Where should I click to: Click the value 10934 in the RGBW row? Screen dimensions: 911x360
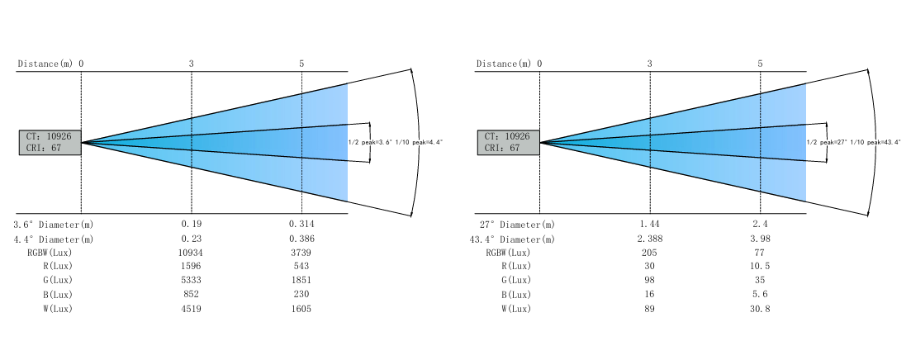(x=191, y=253)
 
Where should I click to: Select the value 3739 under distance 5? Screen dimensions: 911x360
(x=301, y=253)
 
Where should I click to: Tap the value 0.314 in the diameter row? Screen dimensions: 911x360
(x=301, y=224)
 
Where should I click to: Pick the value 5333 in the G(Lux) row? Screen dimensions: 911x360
(x=191, y=281)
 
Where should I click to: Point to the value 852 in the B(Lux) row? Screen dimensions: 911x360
(x=191, y=295)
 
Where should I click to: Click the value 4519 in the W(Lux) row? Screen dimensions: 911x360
(x=191, y=309)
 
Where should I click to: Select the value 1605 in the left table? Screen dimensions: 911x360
(x=301, y=309)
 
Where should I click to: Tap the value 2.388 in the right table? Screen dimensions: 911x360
(x=649, y=239)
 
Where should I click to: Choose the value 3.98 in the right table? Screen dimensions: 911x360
(x=760, y=239)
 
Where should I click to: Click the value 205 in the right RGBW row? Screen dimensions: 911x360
(x=649, y=253)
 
